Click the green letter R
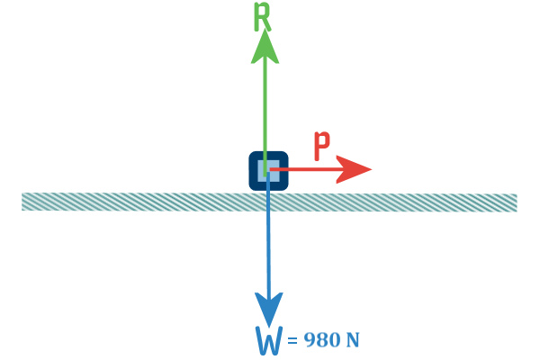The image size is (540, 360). coord(262,16)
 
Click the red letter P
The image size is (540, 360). coord(322,146)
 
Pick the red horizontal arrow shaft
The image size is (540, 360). coord(304,169)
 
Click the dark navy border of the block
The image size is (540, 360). coord(252,170)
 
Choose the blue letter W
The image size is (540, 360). coord(269,340)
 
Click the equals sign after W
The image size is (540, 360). coord(292,340)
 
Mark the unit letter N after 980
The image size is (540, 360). coord(352,339)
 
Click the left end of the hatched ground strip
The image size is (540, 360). coord(22,202)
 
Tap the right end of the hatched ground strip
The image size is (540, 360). coord(517,202)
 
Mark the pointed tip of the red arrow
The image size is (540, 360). coord(372,169)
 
